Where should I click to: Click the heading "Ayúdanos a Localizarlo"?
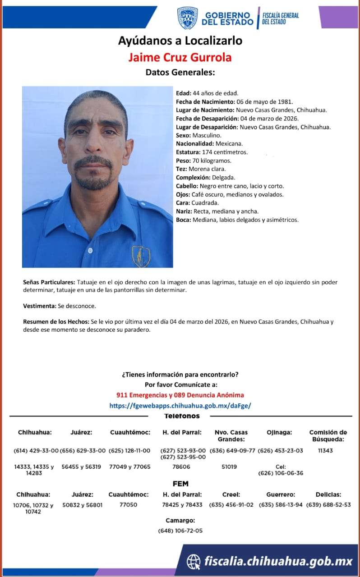180,41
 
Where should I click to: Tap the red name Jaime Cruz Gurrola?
180,57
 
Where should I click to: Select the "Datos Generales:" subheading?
180,72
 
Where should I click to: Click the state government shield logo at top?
187,18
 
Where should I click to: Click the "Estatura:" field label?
188,152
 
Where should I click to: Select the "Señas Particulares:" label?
49,282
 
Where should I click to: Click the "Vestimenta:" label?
40,306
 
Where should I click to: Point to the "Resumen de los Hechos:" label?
56,322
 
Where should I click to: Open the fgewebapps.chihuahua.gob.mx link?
180,405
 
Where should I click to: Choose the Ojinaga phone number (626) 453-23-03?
280,450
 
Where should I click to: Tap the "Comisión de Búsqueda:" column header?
328,435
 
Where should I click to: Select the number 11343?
325,450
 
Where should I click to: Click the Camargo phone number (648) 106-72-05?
180,531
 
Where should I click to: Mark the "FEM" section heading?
180,484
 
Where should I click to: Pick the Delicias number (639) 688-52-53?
328,505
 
